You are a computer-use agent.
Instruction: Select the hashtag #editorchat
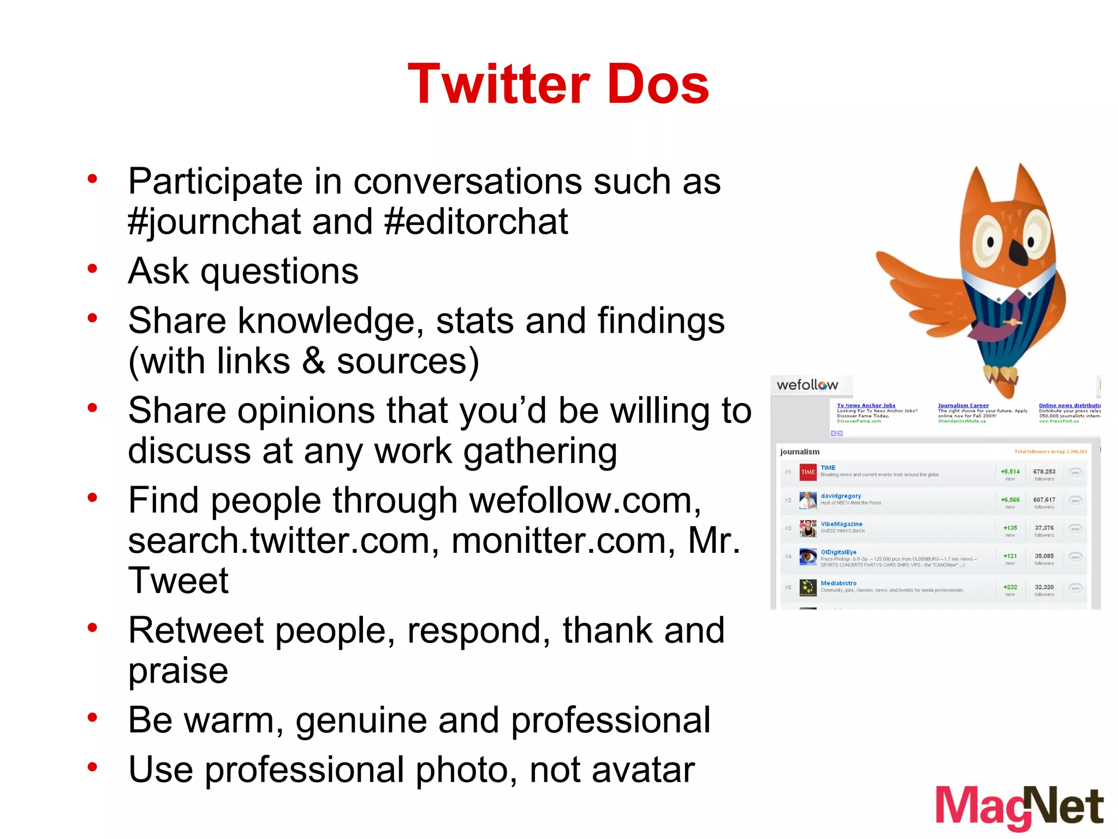pos(476,222)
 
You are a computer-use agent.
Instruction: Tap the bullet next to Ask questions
pos(92,269)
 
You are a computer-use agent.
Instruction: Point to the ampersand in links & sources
pos(313,361)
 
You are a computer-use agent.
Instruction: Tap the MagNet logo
pos(1019,807)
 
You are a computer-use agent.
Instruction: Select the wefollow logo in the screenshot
pos(807,385)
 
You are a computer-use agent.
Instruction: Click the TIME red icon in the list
pos(807,472)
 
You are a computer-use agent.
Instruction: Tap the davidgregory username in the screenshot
pos(841,496)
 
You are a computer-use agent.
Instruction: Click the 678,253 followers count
pos(1044,471)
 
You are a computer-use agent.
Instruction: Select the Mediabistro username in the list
pos(838,583)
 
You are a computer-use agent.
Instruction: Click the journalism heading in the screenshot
pos(800,452)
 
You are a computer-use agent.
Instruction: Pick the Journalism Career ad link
pos(963,405)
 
